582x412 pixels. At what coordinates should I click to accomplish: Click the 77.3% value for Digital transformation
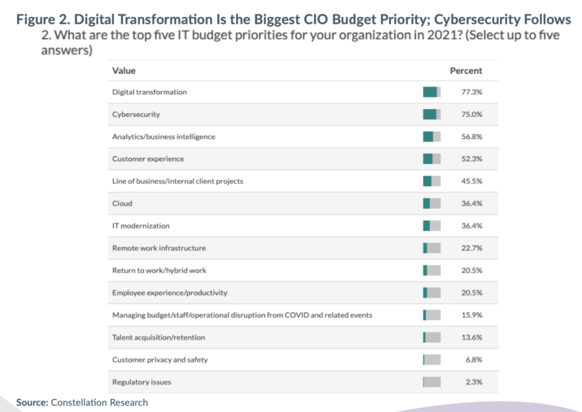(x=472, y=92)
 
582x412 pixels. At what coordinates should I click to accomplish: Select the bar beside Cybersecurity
(x=431, y=114)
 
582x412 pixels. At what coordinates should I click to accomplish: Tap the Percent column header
(x=465, y=71)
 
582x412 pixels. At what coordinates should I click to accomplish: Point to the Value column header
(x=124, y=71)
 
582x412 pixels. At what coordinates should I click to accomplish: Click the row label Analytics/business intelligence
(x=164, y=136)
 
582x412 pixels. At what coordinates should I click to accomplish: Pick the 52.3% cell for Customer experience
(x=472, y=159)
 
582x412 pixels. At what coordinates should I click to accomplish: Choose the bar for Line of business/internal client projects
(x=431, y=181)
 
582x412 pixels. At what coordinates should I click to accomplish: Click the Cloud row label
(x=122, y=203)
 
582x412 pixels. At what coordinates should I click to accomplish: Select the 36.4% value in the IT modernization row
(x=472, y=226)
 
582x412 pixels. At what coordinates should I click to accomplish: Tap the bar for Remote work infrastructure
(x=431, y=248)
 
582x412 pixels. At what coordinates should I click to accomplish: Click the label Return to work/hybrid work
(x=156, y=270)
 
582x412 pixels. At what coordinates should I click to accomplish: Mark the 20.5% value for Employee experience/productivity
(x=472, y=293)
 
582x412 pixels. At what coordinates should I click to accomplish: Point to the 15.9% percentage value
(x=472, y=315)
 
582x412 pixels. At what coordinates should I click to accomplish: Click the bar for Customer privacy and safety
(x=431, y=360)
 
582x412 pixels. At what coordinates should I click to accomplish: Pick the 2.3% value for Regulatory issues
(x=473, y=382)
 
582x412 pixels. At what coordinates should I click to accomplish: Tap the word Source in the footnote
(x=31, y=402)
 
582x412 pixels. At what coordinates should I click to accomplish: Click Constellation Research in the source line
(x=99, y=402)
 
